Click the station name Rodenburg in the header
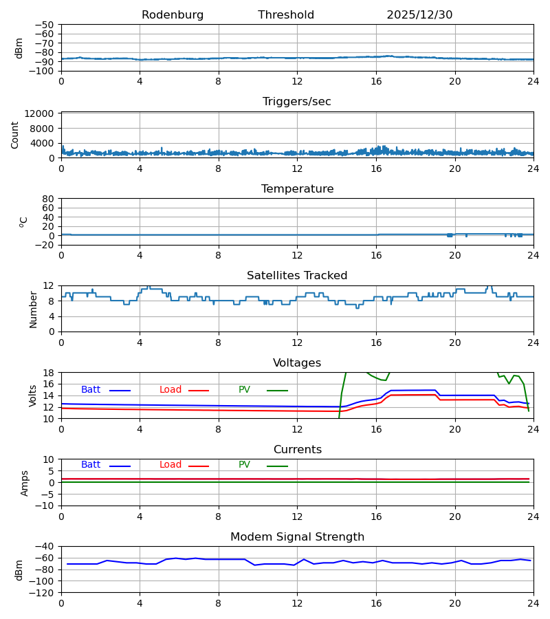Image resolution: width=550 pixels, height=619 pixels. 173,15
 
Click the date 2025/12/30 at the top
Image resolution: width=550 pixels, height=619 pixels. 419,15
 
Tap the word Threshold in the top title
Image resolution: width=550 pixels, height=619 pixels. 286,15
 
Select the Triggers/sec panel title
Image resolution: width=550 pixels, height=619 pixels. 297,102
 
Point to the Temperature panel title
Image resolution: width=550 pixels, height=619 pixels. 297,189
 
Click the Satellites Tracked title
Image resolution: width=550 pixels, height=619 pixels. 297,276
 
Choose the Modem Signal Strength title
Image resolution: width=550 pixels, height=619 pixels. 297,537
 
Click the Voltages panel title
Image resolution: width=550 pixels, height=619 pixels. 297,363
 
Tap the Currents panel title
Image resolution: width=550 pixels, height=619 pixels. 297,450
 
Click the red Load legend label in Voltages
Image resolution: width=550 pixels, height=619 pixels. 170,390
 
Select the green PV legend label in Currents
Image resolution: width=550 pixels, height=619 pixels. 244,465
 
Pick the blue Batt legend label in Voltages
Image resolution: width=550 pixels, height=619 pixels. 91,390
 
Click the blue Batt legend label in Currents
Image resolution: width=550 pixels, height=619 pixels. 91,465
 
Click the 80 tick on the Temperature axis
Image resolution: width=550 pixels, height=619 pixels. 49,199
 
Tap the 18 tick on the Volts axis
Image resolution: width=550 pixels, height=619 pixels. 49,373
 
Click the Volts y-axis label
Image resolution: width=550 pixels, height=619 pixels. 33,395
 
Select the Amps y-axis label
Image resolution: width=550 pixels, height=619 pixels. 25,483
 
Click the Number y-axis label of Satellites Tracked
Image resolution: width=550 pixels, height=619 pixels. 33,309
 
